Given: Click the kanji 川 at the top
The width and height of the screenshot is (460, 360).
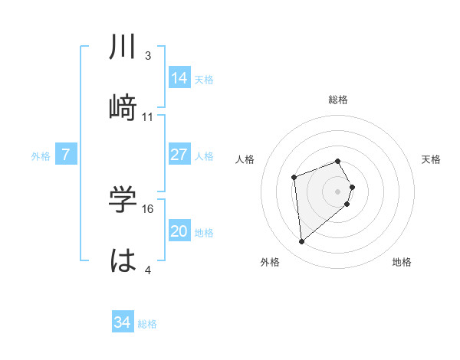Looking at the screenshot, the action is [123, 47].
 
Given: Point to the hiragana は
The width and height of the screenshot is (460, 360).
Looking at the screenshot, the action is [123, 260].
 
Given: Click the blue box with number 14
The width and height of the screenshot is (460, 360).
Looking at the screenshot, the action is [179, 78].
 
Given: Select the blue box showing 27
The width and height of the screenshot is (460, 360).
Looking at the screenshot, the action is [179, 155].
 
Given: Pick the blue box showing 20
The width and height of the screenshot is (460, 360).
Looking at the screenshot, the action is [179, 232].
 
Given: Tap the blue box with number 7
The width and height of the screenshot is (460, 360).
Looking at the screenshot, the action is [66, 155].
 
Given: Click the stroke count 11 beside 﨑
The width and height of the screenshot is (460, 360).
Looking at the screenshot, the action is [148, 117].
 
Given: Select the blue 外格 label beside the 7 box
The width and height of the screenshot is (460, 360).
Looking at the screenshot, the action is [41, 156].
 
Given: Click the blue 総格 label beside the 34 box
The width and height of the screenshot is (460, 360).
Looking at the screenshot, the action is [147, 324].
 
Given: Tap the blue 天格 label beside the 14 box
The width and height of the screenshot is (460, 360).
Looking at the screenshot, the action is [204, 79].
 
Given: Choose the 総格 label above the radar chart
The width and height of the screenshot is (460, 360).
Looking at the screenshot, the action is [338, 100].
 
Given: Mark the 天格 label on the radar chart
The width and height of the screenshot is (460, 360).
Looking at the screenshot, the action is [432, 159].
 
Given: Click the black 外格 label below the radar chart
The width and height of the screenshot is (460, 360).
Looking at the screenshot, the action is [270, 262].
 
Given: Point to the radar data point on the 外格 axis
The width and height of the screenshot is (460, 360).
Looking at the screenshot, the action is [302, 242].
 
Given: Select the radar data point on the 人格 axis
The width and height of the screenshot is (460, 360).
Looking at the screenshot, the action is [294, 178].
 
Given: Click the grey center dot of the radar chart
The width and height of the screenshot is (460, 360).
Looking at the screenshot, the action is [338, 190].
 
